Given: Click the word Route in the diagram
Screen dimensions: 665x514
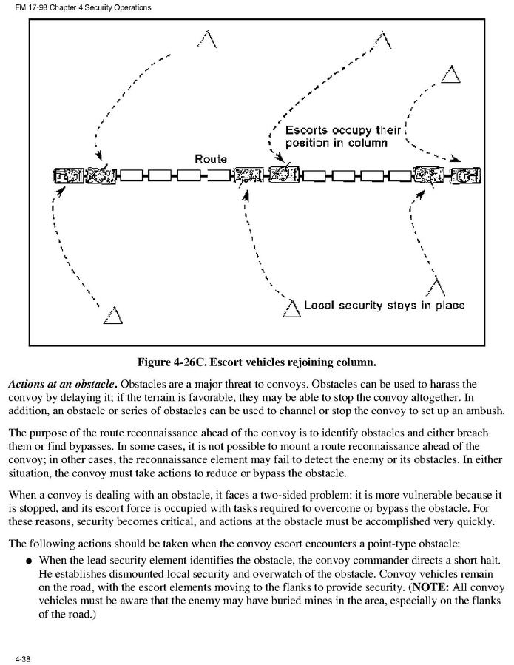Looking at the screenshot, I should (x=211, y=159).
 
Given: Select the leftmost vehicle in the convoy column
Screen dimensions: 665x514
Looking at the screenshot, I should (x=65, y=176).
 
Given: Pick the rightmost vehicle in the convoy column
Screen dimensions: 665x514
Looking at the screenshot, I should (x=466, y=176).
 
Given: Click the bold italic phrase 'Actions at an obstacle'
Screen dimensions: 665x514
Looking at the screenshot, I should (x=61, y=385).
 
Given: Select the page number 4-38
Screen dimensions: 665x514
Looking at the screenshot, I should (x=23, y=657).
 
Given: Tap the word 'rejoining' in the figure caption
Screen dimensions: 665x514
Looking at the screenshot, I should (x=310, y=362).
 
